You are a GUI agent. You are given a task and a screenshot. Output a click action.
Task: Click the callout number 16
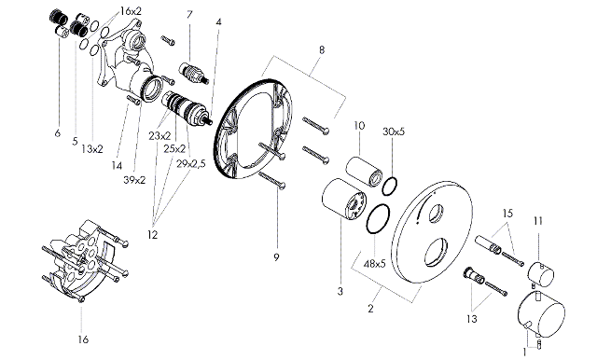pos(83,339)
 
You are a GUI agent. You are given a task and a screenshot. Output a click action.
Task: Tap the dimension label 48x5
pos(375,263)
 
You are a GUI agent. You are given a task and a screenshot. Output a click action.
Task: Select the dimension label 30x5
pos(394,132)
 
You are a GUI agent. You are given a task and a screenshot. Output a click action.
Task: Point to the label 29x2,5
pos(191,163)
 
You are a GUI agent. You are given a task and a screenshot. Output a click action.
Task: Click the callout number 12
pos(152,235)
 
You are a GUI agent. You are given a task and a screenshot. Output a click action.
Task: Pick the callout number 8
pos(322,49)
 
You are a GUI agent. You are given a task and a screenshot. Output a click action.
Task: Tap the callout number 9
pos(276,257)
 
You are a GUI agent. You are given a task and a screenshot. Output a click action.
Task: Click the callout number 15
pos(507,213)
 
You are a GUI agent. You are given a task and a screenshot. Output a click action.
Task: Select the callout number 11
pos(537,221)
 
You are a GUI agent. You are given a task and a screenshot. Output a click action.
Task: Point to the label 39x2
pos(134,180)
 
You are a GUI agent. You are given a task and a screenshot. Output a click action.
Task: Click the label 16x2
pos(131,11)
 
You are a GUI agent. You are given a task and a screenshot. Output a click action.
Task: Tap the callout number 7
pos(189,15)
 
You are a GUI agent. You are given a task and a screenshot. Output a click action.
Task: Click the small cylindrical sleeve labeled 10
pos(365,170)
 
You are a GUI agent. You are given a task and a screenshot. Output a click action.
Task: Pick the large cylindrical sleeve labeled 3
pos(344,199)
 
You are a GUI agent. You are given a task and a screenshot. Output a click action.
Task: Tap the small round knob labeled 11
pos(541,275)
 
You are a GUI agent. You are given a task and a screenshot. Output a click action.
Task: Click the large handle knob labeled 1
pos(542,313)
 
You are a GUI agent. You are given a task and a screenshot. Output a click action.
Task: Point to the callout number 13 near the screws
pos(472,319)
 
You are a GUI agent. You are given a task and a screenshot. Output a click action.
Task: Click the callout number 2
pos(371,309)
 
